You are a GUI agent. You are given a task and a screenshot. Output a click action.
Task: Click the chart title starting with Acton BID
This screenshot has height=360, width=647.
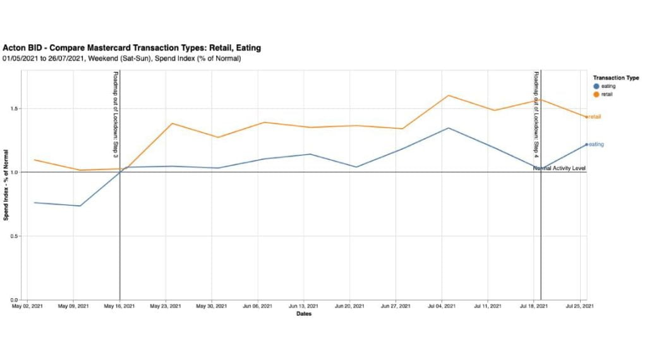coord(131,48)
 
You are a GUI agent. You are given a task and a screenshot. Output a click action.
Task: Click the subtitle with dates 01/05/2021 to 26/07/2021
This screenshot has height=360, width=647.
coord(121,58)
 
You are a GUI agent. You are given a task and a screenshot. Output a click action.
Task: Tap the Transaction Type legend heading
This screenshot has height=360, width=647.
coord(616,78)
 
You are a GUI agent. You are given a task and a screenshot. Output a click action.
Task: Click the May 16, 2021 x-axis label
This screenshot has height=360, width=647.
coord(119,307)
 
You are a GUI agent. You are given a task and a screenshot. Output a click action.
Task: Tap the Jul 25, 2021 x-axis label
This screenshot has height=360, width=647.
coord(578,307)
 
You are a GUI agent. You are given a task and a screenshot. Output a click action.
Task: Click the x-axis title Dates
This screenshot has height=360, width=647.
coord(303,315)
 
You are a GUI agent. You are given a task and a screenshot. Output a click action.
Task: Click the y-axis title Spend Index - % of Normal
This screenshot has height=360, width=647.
coord(6,184)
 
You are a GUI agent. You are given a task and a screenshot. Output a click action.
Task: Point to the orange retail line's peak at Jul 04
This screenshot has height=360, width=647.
coord(448,95)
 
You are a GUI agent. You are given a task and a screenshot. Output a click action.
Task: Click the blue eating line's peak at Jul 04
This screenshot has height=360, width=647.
coord(448,128)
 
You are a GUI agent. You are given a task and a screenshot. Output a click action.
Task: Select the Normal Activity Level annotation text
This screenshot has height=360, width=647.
coord(559,168)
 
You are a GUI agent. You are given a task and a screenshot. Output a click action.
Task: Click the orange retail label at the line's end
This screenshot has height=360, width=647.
coord(595,117)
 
